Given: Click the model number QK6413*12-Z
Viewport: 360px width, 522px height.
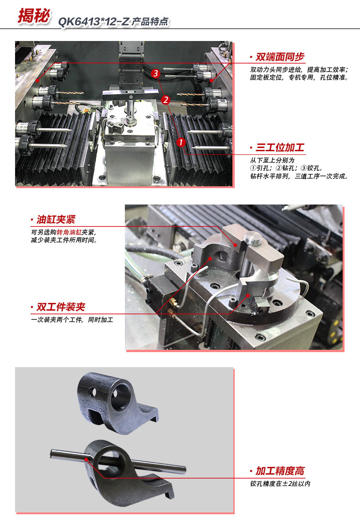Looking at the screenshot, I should tap(93, 22).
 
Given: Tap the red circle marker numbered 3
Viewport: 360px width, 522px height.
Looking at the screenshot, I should tap(156, 73).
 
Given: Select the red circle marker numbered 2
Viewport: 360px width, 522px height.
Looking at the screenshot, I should tap(166, 99).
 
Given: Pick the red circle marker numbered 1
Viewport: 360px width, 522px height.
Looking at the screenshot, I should tap(180, 142).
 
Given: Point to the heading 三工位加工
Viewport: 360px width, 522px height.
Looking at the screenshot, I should tap(280, 148).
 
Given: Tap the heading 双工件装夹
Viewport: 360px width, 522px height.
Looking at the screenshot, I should tap(61, 307).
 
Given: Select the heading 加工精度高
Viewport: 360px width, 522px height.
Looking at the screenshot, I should tap(280, 471).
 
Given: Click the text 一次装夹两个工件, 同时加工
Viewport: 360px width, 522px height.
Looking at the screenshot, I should tap(72, 320).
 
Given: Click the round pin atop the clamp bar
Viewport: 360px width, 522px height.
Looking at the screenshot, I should tap(251, 237).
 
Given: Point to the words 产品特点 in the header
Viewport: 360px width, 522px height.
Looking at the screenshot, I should tap(150, 22).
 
